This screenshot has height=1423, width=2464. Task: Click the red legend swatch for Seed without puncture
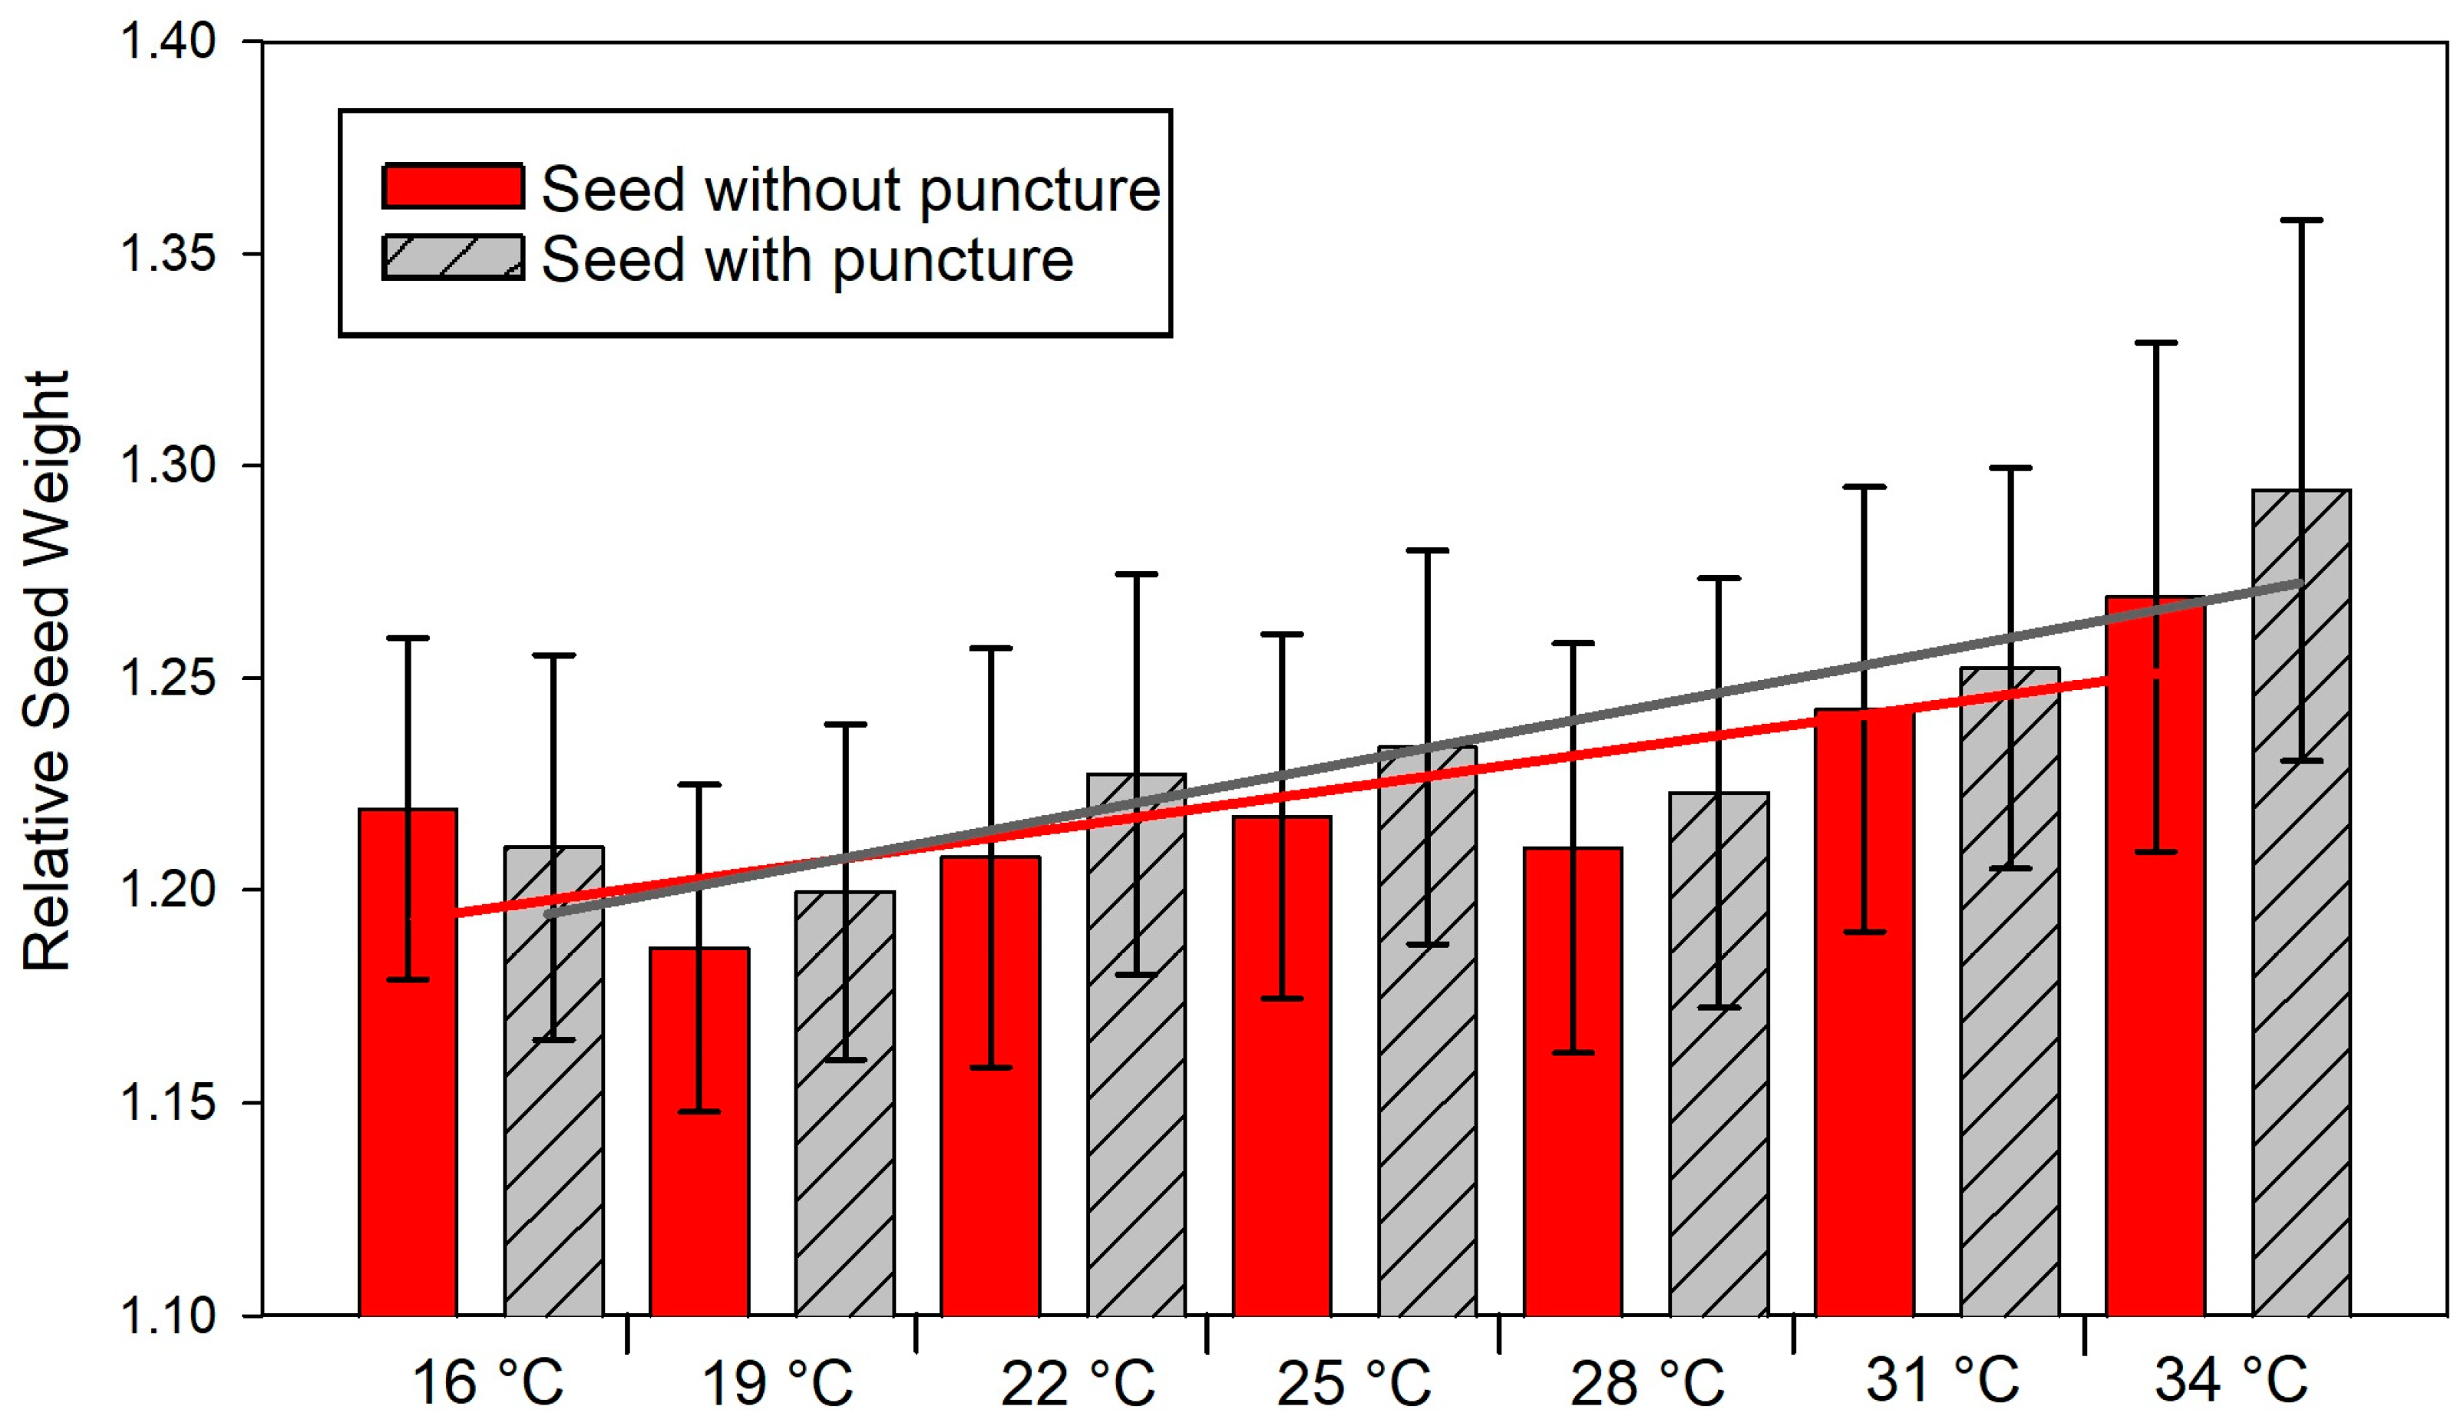[x=453, y=186]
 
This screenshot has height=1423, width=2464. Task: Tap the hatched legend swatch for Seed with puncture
[x=453, y=258]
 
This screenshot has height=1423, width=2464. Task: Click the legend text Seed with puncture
[x=808, y=260]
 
